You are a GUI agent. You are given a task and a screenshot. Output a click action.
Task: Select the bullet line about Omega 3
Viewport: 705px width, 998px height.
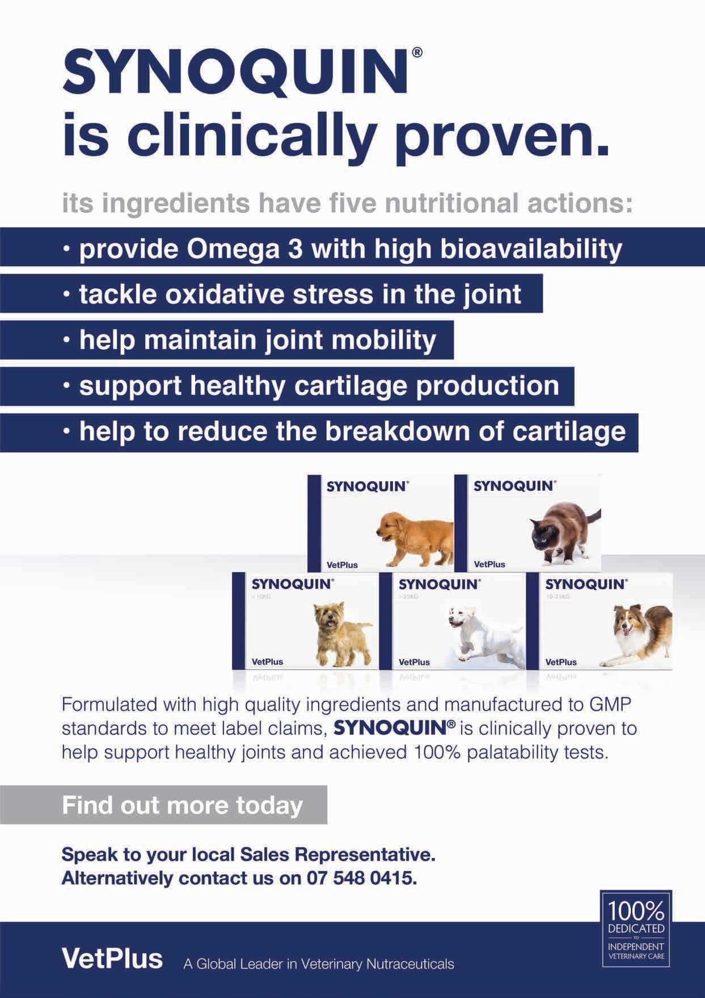click(350, 249)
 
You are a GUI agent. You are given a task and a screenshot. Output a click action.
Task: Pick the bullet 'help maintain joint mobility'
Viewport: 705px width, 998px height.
click(257, 340)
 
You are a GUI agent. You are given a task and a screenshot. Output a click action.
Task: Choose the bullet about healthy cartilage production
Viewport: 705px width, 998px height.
click(319, 386)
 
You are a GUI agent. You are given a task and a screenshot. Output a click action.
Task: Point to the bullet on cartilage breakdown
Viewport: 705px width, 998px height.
click(352, 432)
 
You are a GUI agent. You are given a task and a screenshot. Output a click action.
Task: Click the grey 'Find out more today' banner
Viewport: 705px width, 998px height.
click(183, 805)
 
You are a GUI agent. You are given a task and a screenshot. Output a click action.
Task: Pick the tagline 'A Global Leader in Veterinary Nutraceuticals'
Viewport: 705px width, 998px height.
click(318, 964)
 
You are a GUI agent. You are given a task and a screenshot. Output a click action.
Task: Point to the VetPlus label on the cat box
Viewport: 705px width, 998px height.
click(489, 565)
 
